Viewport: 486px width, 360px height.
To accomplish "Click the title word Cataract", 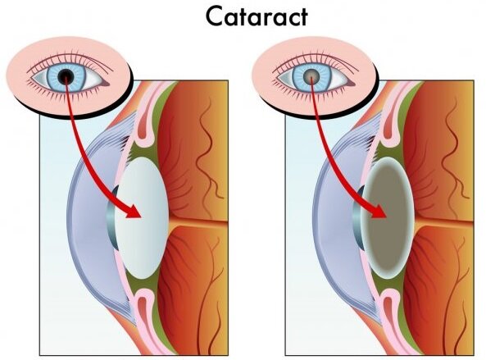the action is (x=257, y=16).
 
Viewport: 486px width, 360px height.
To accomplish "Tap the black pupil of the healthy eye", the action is (x=66, y=75).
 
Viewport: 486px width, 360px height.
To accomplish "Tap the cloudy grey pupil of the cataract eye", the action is (x=311, y=75).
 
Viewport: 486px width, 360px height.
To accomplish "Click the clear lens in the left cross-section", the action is (x=142, y=218).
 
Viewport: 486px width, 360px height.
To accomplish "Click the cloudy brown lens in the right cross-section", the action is (x=388, y=218).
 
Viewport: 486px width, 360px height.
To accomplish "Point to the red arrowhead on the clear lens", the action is (x=134, y=212).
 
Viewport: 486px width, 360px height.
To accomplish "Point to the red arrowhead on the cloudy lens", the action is (x=379, y=212).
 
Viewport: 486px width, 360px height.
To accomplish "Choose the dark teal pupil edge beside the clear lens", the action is (x=112, y=218).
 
